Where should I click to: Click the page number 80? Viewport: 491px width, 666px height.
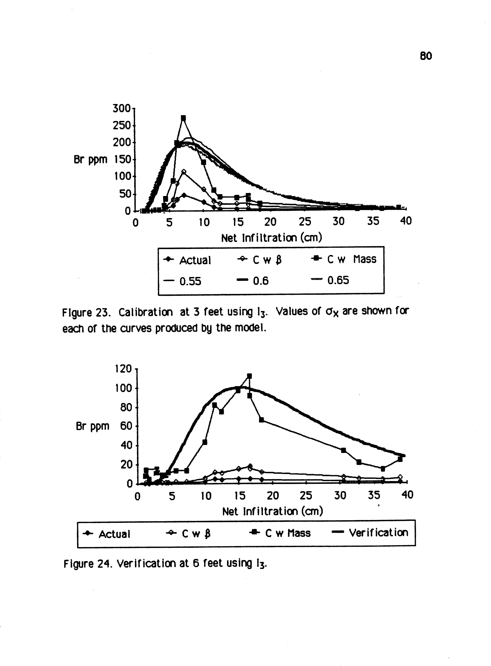(x=426, y=56)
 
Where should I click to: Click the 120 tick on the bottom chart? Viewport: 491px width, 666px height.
(x=123, y=369)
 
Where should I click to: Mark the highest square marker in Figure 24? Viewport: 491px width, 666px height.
(x=249, y=376)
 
